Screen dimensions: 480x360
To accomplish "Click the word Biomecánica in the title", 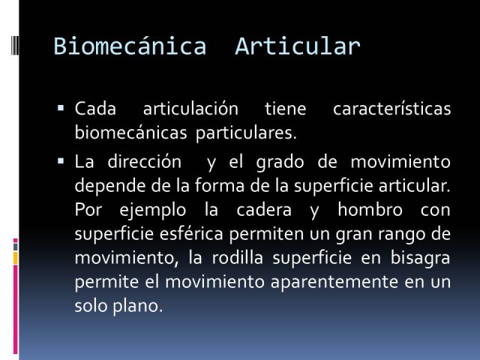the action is click(130, 46).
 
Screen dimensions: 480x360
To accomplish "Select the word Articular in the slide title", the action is click(298, 46).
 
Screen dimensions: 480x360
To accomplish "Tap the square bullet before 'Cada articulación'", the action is click(61, 108).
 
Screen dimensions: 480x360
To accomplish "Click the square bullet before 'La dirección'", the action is click(61, 160).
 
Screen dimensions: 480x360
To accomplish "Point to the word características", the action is click(391, 108).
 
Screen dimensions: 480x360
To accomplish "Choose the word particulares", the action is click(246, 133).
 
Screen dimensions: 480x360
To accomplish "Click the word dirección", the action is click(145, 161).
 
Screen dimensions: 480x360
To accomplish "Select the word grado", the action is click(280, 162).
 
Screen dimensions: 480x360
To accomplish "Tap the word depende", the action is click(110, 187).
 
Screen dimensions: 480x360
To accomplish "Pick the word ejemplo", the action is click(153, 210).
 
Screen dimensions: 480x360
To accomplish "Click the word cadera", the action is click(264, 210).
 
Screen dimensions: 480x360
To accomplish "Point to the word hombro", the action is click(370, 209).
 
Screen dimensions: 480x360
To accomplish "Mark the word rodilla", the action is click(238, 257).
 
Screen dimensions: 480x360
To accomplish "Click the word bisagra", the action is click(420, 259).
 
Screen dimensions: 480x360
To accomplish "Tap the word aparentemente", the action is click(334, 282).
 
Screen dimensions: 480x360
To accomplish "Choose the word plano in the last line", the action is click(137, 306).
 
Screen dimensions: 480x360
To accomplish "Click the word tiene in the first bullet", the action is click(285, 109).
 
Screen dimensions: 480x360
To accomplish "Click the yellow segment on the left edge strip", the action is click(15, 258).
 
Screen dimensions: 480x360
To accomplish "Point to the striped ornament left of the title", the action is click(14, 45).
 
